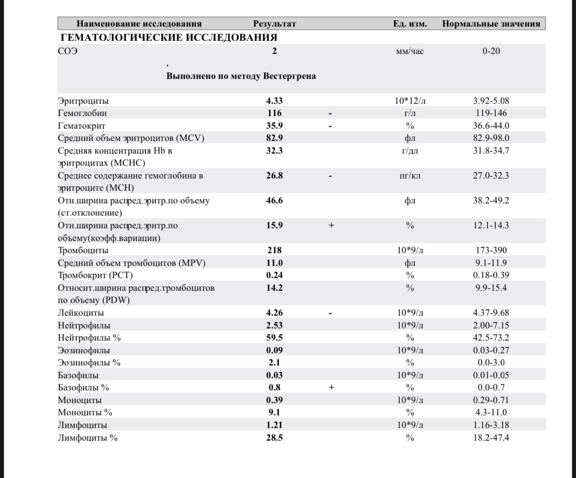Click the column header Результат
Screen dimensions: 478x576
pyautogui.click(x=275, y=23)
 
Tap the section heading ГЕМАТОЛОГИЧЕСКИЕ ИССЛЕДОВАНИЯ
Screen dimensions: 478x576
pyautogui.click(x=169, y=38)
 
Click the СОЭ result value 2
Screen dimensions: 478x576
pyautogui.click(x=275, y=51)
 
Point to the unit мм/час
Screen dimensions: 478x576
pyautogui.click(x=410, y=51)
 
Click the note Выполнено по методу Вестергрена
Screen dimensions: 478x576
pyautogui.click(x=241, y=76)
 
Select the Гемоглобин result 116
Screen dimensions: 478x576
pyautogui.click(x=275, y=113)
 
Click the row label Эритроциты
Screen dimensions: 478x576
pyautogui.click(x=83, y=101)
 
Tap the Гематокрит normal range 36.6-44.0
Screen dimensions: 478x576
pyautogui.click(x=491, y=125)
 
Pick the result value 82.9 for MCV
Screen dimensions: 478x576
pyautogui.click(x=275, y=138)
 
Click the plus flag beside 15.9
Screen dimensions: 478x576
pyautogui.click(x=331, y=226)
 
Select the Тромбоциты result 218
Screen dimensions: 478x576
pyautogui.click(x=275, y=250)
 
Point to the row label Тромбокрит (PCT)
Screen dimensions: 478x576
pyautogui.click(x=95, y=275)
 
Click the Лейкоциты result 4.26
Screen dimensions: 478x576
pyautogui.click(x=275, y=312)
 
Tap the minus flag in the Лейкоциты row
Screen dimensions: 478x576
pyautogui.click(x=331, y=313)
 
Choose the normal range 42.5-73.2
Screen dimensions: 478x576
pyautogui.click(x=491, y=338)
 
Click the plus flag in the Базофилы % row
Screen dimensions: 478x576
pyautogui.click(x=331, y=388)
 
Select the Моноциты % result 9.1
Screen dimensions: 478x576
pyautogui.click(x=275, y=413)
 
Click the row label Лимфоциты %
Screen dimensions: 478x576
pyautogui.click(x=87, y=437)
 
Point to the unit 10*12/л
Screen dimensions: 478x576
pyautogui.click(x=410, y=101)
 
